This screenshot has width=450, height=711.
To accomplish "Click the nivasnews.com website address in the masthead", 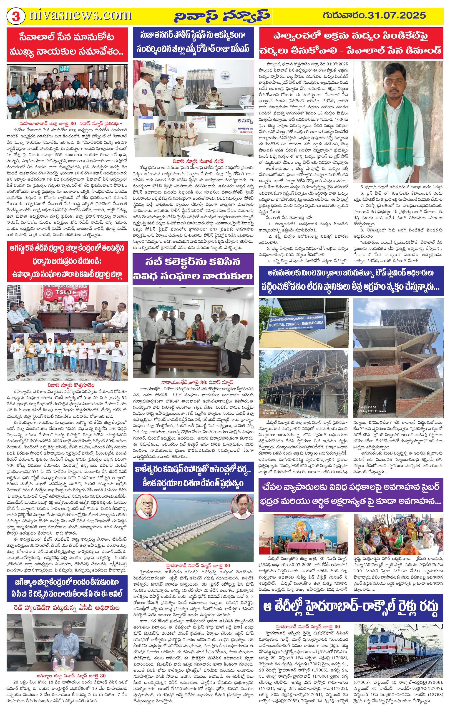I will [80, 15].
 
